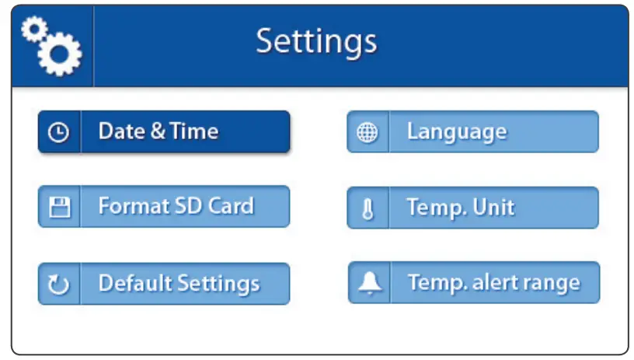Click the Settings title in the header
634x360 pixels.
click(x=316, y=41)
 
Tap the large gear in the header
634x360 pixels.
click(x=60, y=54)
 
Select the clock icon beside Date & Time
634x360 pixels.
click(x=58, y=132)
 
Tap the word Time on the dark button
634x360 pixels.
click(x=194, y=131)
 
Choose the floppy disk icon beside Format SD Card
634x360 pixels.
click(x=59, y=207)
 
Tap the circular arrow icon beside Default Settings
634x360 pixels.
click(x=59, y=285)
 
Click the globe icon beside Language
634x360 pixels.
click(x=367, y=132)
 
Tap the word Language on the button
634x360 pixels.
click(x=456, y=131)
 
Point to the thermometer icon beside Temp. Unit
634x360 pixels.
click(x=368, y=209)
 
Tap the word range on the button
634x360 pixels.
click(x=554, y=283)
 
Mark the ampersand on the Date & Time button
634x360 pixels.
click(x=158, y=131)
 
